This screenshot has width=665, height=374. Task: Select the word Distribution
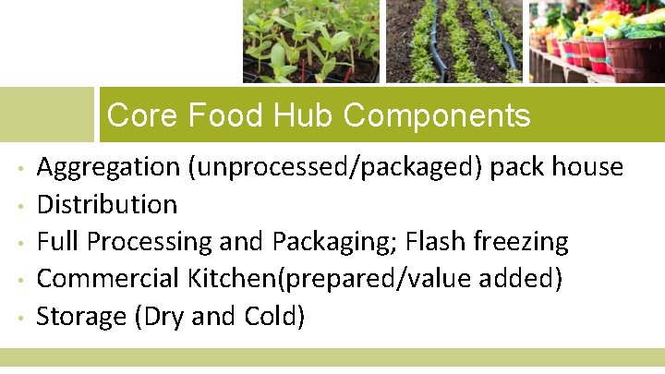tap(106, 204)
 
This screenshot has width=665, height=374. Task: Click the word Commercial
tap(108, 279)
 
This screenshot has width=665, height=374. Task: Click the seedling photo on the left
tap(310, 41)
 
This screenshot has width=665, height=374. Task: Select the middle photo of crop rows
tap(453, 41)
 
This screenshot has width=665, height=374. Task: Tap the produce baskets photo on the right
tap(597, 41)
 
